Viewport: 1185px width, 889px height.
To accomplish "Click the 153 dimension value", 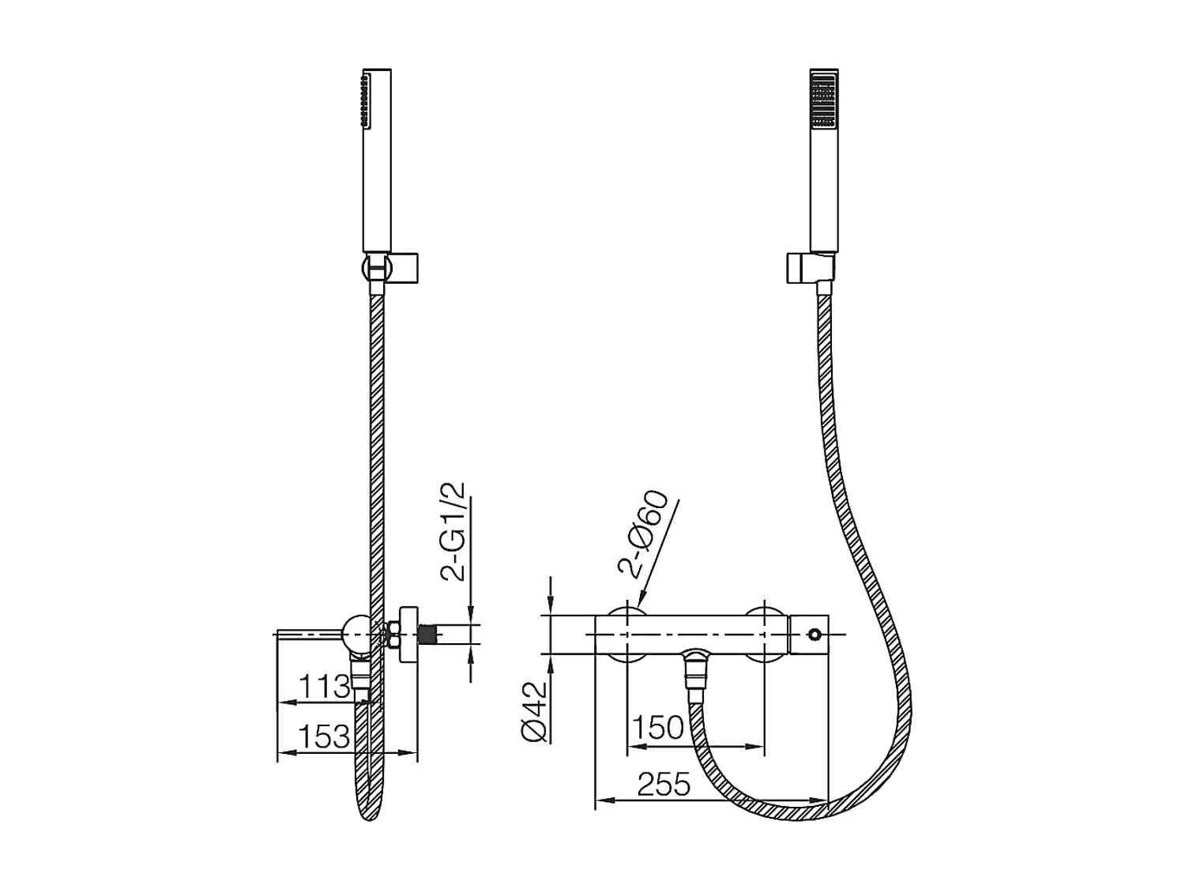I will click(x=324, y=736).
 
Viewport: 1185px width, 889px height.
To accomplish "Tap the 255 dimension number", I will click(x=664, y=785).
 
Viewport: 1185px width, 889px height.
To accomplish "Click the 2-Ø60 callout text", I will click(x=644, y=536).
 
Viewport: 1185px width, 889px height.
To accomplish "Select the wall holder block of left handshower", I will click(x=401, y=266).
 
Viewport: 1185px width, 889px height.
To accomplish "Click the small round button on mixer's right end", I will click(x=814, y=634).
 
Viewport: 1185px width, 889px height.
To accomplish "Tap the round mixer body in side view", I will click(x=355, y=634).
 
